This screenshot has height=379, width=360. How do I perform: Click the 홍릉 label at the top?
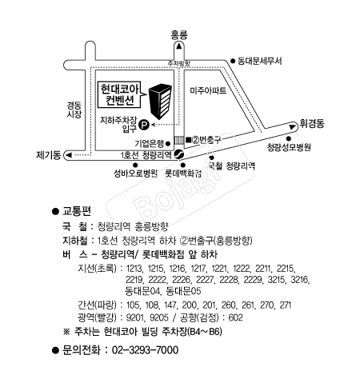(179, 35)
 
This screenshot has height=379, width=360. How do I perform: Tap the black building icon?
(160, 102)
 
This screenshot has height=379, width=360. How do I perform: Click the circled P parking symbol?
(145, 125)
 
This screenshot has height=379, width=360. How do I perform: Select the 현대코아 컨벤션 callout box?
(119, 94)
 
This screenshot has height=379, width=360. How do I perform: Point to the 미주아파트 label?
(208, 90)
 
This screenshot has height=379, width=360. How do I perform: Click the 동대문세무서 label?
(259, 61)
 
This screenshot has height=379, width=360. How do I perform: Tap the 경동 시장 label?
(74, 110)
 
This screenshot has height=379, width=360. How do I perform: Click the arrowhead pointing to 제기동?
(69, 155)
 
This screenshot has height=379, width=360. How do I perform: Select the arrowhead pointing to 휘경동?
(293, 126)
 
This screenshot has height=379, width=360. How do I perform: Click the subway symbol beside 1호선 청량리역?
(178, 154)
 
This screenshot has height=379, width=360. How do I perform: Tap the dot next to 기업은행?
(168, 144)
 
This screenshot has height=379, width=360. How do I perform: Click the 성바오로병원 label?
(135, 174)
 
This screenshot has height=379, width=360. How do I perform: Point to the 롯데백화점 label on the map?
(183, 174)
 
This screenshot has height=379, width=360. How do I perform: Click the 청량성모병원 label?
(289, 147)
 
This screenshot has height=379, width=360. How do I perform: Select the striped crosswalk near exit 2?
(179, 140)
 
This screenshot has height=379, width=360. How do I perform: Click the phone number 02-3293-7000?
(145, 350)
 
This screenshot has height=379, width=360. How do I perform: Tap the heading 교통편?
(77, 211)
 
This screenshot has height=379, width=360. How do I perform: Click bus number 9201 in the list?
(135, 317)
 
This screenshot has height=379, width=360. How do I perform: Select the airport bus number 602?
(236, 317)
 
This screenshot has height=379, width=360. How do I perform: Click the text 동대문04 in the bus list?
(142, 290)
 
